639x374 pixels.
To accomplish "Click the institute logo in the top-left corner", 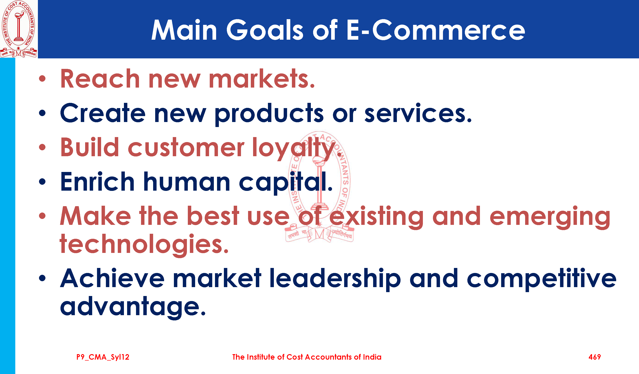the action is click(x=19, y=29).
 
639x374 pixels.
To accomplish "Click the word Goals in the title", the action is click(x=265, y=30).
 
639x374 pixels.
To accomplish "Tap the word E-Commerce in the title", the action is click(x=436, y=30).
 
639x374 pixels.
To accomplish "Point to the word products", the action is click(x=269, y=114).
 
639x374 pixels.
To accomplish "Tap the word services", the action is click(x=418, y=113).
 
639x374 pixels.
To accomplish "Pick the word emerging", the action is click(x=550, y=217).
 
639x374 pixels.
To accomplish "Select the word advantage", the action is click(x=133, y=307).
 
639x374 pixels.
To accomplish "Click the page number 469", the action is click(x=595, y=357).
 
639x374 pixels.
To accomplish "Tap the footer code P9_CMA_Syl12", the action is click(x=103, y=357).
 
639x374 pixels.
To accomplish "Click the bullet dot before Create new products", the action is click(x=42, y=113).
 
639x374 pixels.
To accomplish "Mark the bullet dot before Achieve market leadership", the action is click(x=42, y=278).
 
